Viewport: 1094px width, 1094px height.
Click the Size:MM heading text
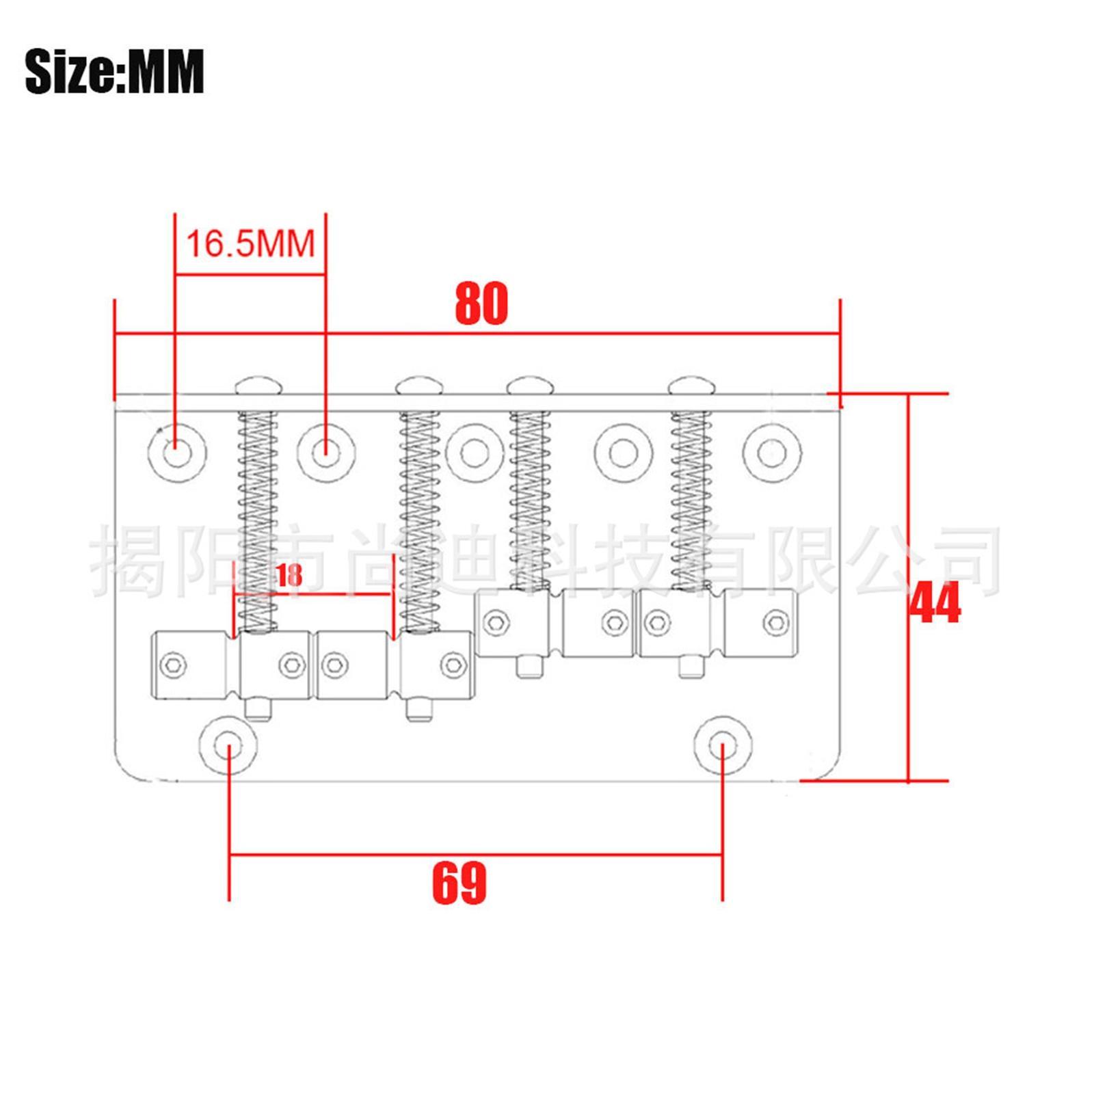[114, 71]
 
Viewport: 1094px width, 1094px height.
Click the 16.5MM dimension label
[250, 243]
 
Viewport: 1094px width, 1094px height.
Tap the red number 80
[481, 304]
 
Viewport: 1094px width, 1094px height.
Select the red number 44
[935, 602]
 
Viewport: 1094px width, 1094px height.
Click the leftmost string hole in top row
[177, 453]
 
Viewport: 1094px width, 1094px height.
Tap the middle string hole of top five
[475, 453]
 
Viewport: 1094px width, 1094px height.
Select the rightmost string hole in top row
[772, 453]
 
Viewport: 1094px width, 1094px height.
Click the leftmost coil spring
[258, 520]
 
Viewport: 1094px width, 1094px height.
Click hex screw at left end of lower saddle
[172, 665]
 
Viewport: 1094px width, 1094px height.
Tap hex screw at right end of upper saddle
[775, 622]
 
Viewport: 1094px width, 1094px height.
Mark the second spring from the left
[419, 520]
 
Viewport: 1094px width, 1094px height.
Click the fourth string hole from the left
[623, 453]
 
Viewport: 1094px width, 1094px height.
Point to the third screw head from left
[530, 386]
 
